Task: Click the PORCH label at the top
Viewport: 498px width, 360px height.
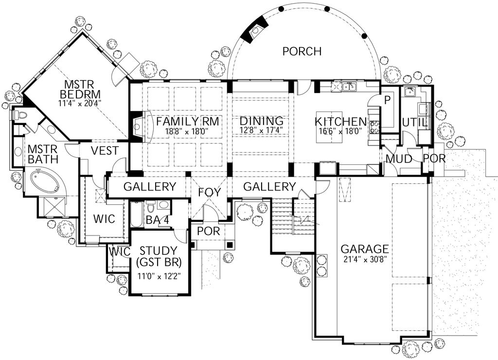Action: click(x=302, y=51)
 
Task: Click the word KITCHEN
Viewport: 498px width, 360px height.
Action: click(x=340, y=121)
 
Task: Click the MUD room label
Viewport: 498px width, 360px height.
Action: click(x=399, y=159)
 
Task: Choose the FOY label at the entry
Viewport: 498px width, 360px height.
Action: click(x=210, y=192)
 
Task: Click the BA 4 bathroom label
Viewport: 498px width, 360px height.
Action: click(x=158, y=220)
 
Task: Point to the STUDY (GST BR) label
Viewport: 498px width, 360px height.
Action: click(x=159, y=257)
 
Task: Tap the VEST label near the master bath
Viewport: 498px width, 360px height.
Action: click(x=105, y=151)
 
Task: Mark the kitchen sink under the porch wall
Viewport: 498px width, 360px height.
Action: click(x=348, y=88)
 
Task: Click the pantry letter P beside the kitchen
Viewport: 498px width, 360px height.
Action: click(x=388, y=100)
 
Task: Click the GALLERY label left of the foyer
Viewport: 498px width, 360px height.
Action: click(x=149, y=187)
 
